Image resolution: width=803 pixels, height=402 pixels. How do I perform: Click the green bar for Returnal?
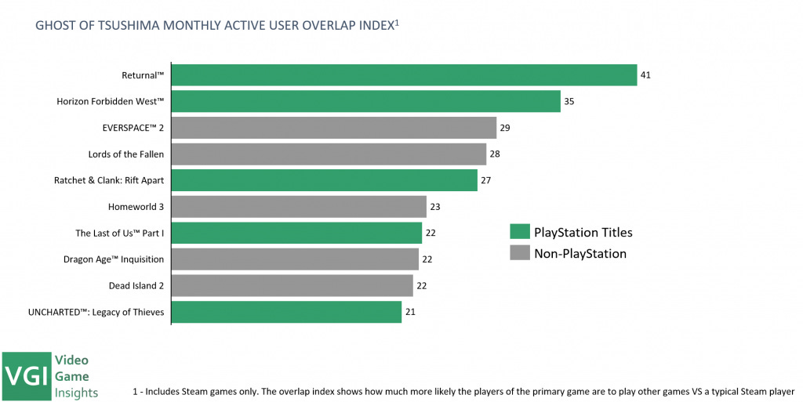point(404,75)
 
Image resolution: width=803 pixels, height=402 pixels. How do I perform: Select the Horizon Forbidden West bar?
point(365,101)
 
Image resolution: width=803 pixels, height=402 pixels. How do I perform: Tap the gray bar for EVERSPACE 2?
point(333,128)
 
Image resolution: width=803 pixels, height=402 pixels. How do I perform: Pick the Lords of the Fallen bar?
point(329,154)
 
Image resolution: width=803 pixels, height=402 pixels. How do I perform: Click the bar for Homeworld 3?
point(299,207)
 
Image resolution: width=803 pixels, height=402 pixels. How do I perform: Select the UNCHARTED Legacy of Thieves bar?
point(286,312)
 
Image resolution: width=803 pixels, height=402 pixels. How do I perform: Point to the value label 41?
point(645,75)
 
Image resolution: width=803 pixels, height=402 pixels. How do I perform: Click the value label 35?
point(569,101)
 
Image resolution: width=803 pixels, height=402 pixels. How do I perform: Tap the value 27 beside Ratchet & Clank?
point(486,181)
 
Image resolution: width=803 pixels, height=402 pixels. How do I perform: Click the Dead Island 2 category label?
point(136,286)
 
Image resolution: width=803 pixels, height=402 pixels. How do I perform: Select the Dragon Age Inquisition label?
point(114,259)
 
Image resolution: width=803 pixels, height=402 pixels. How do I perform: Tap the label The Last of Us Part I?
point(119,234)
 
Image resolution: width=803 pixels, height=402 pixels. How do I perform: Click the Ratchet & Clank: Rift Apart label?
point(109,181)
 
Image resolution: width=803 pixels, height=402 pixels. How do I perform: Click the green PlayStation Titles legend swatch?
point(519,232)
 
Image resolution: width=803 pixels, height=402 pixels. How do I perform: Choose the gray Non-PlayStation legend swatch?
point(519,253)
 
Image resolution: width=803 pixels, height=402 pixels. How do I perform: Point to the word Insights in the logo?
point(76,392)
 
